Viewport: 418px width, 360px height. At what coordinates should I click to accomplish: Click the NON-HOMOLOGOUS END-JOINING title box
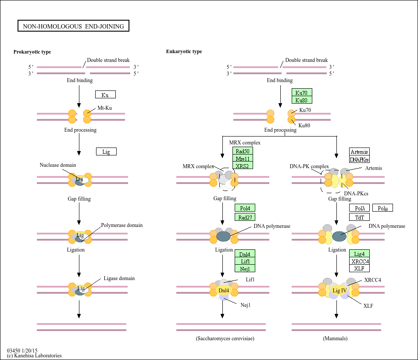click(73, 26)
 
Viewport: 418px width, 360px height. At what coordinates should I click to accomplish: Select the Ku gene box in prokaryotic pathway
click(105, 94)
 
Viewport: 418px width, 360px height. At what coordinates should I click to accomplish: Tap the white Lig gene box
click(106, 151)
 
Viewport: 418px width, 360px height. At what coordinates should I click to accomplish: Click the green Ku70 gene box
click(302, 92)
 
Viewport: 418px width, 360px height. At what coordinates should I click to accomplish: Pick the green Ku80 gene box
click(302, 100)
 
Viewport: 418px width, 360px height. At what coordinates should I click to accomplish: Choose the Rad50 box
click(243, 151)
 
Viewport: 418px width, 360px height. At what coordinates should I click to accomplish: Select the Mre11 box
click(243, 158)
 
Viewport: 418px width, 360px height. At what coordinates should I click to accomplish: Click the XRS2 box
click(243, 166)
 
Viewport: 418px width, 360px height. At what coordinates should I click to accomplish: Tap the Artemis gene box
click(359, 152)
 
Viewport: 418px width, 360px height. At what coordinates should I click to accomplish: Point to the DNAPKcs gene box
click(359, 159)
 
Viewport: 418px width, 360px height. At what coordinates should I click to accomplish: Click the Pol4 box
click(245, 208)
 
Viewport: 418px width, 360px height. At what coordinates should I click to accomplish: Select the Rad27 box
click(245, 217)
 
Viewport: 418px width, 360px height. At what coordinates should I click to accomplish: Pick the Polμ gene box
click(382, 208)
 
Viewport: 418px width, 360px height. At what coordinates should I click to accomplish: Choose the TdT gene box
click(359, 217)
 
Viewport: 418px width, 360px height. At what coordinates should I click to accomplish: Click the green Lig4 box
click(359, 253)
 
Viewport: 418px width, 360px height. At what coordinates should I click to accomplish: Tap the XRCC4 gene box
click(359, 261)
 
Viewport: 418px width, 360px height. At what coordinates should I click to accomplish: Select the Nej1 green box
click(245, 268)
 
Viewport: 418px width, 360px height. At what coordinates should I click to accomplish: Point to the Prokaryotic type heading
click(32, 52)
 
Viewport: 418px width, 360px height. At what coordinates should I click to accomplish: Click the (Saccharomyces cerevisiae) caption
click(225, 338)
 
